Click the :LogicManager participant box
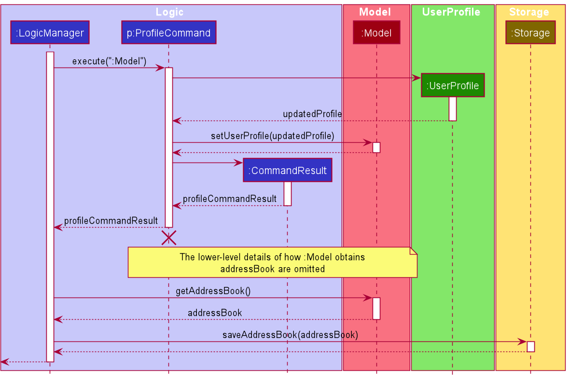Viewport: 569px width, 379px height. click(x=50, y=33)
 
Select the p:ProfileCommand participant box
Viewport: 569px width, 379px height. click(x=168, y=33)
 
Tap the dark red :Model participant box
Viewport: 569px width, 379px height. click(x=376, y=33)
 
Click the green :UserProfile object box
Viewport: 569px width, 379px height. click(x=452, y=86)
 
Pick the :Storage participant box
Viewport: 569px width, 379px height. click(x=530, y=33)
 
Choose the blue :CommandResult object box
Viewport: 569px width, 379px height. click(x=287, y=170)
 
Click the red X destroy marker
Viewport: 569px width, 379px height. click(x=168, y=237)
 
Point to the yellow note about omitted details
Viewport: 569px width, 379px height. click(x=272, y=263)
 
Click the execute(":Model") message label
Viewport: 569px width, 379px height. click(x=109, y=61)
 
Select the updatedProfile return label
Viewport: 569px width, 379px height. click(x=312, y=114)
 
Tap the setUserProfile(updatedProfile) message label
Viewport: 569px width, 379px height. click(x=272, y=136)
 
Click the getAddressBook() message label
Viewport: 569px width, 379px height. click(x=213, y=291)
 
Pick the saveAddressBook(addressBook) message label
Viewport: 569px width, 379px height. click(x=290, y=335)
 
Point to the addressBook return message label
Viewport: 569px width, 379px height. click(x=215, y=313)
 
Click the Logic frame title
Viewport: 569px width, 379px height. click(x=169, y=12)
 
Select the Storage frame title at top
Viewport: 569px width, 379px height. click(x=529, y=12)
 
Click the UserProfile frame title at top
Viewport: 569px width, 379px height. click(x=451, y=12)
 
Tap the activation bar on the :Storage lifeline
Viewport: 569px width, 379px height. click(x=530, y=347)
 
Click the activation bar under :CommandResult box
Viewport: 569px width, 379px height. click(x=287, y=193)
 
